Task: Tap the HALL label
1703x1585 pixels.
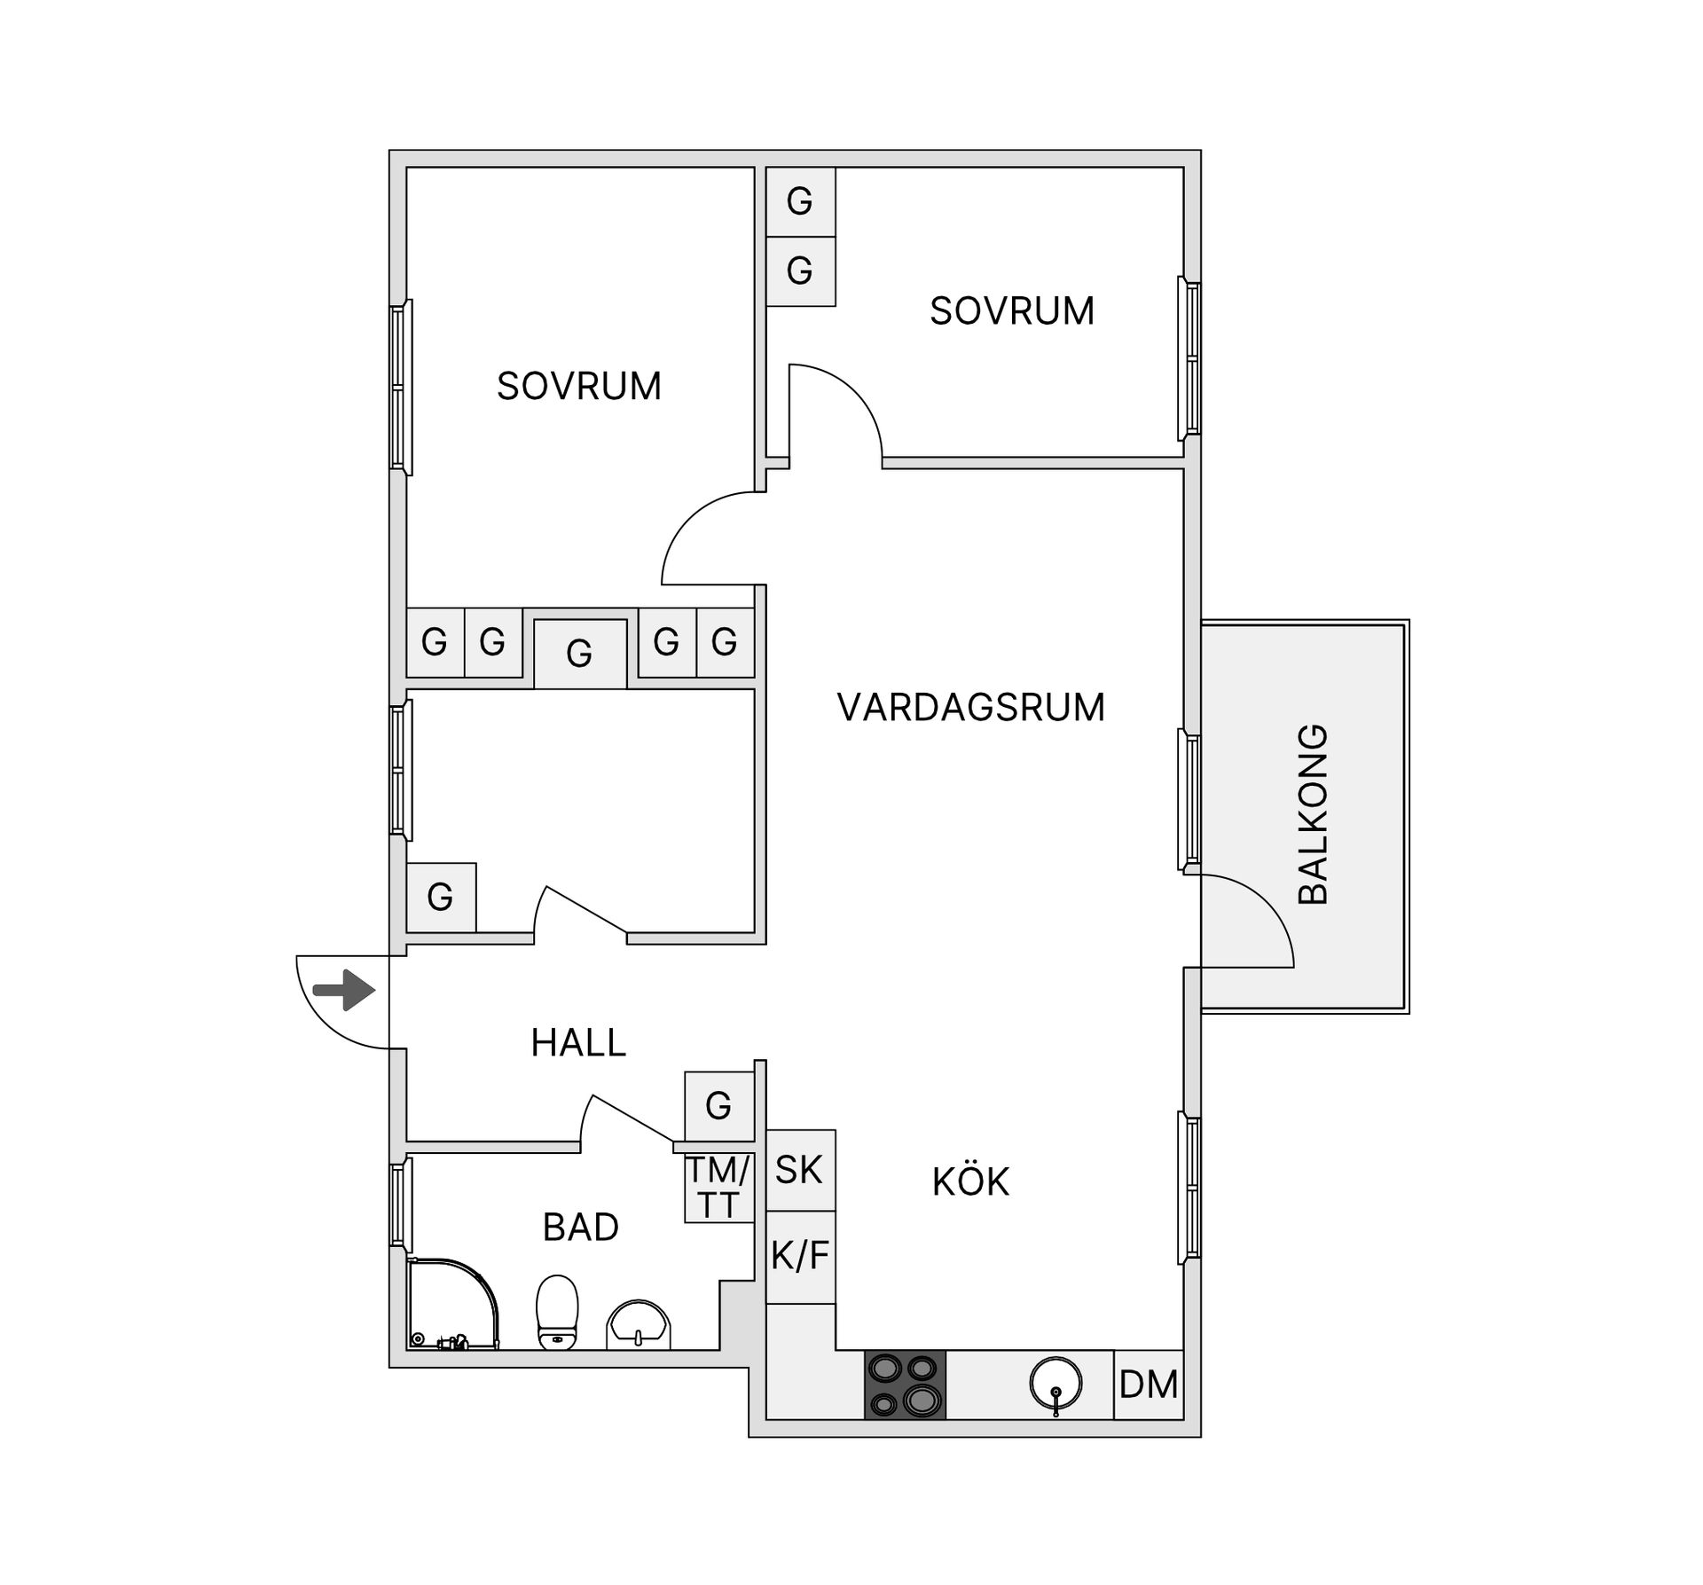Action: (578, 1043)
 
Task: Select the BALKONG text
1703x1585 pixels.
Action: (1314, 814)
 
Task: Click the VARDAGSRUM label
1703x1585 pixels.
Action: (970, 708)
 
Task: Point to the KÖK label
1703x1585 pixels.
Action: (970, 1182)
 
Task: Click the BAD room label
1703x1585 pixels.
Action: (580, 1228)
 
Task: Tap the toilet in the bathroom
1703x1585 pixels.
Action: (557, 1313)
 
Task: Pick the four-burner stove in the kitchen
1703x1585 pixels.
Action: (905, 1385)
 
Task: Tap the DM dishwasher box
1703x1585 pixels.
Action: (1149, 1385)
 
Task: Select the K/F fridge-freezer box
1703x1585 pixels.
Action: (800, 1257)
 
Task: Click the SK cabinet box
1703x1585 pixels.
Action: (800, 1170)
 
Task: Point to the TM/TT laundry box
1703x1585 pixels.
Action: (718, 1189)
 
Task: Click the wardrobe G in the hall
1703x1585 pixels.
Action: (718, 1106)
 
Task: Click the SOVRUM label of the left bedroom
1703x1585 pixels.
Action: (578, 387)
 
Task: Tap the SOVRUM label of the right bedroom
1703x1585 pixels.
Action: (1011, 311)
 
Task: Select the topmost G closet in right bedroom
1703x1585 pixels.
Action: (800, 201)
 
